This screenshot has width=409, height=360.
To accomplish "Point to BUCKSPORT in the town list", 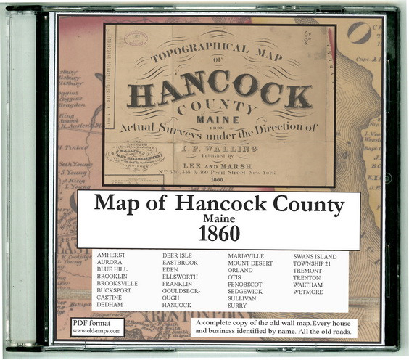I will [117, 292].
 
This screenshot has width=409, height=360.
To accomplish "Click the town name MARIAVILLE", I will [250, 256].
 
